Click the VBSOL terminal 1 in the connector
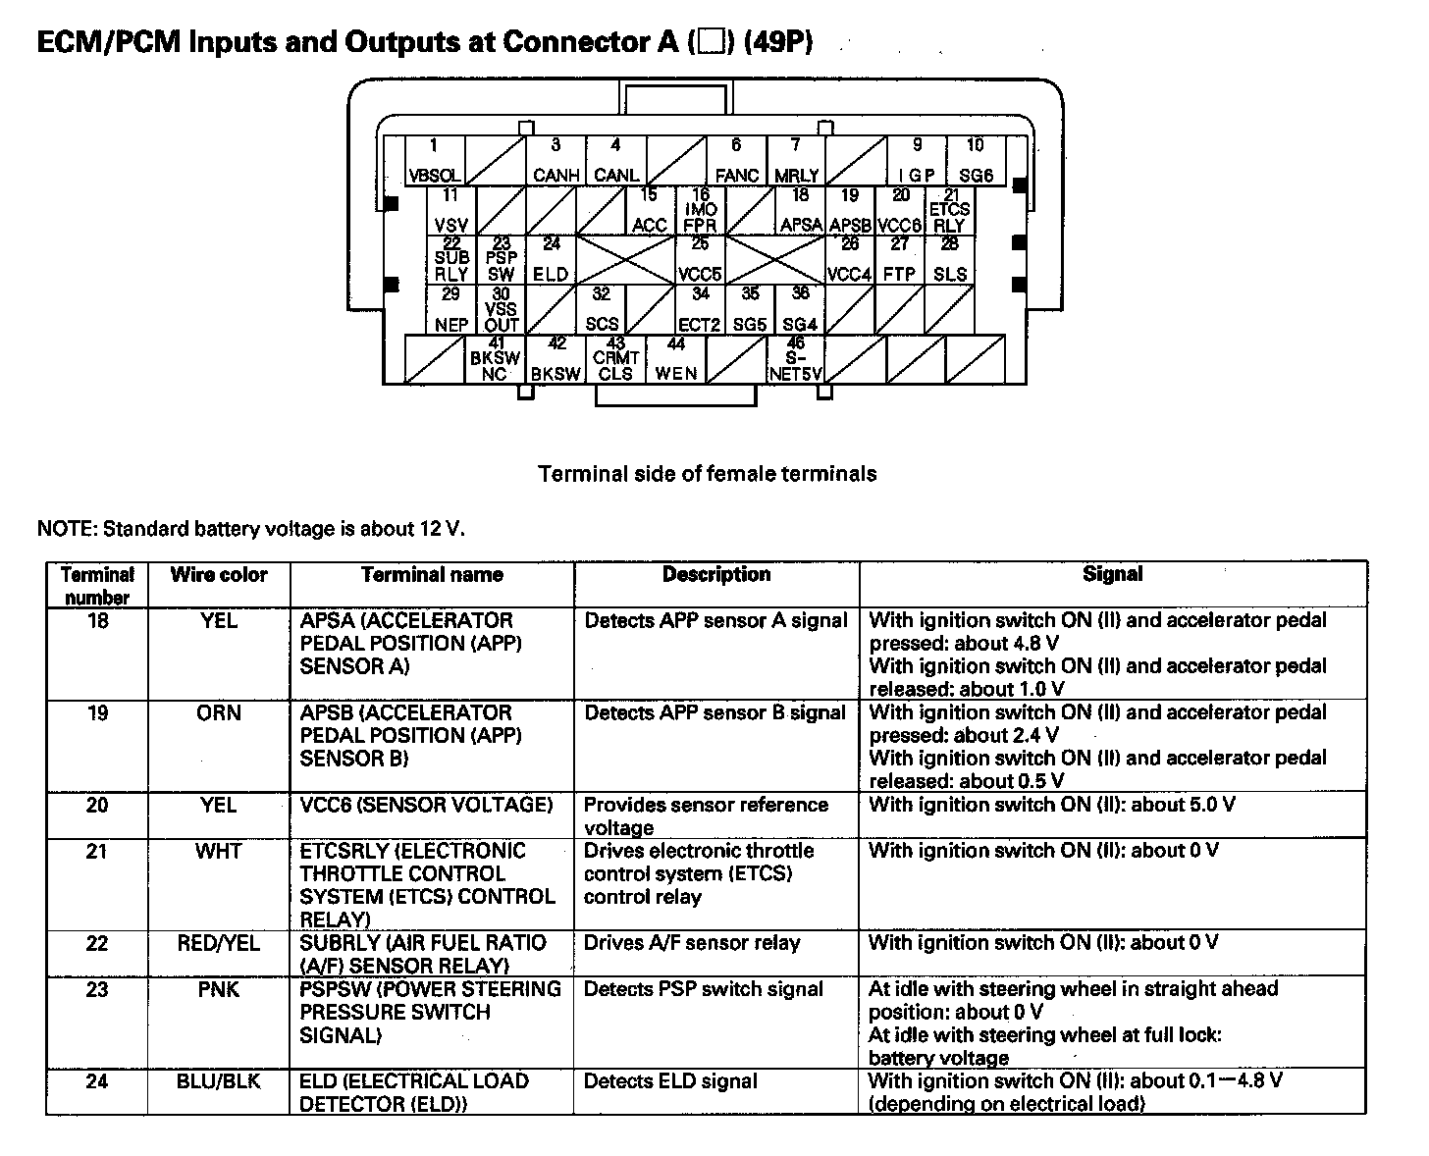(435, 161)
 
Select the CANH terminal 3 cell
(555, 161)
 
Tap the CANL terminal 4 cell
(615, 161)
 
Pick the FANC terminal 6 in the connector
(736, 161)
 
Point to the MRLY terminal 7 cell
(796, 161)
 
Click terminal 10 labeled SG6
(976, 161)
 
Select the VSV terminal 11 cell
(451, 211)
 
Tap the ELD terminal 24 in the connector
(551, 261)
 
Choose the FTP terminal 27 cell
(899, 261)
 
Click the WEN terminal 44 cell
(676, 359)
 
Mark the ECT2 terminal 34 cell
(700, 310)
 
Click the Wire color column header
(219, 575)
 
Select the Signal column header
(1112, 575)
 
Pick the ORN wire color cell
(219, 713)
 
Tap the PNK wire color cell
(219, 989)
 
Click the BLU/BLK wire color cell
(219, 1081)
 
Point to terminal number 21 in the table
(96, 851)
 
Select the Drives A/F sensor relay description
(692, 943)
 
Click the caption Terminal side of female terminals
(707, 474)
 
